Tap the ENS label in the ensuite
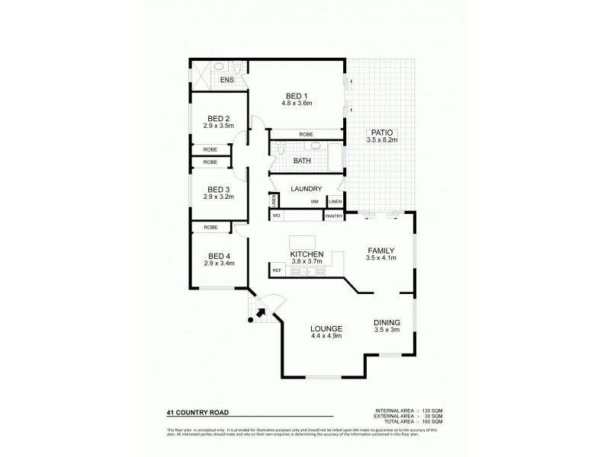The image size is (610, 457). (x=226, y=79)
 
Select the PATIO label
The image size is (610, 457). (x=382, y=132)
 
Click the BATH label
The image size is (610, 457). (x=302, y=161)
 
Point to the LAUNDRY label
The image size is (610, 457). (x=306, y=189)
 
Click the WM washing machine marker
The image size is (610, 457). (x=313, y=202)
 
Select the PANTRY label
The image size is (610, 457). (x=333, y=216)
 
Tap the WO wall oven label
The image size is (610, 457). (x=276, y=216)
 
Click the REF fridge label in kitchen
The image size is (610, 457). (x=277, y=270)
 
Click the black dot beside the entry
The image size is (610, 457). (x=250, y=320)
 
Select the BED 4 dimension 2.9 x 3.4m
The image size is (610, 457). (x=219, y=263)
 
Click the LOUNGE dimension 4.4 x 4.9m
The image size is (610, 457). (x=326, y=335)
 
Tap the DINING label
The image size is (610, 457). (x=387, y=322)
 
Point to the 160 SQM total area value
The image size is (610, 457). (x=430, y=421)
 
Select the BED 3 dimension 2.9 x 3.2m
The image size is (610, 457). (x=219, y=197)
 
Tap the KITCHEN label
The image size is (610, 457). (x=307, y=254)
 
